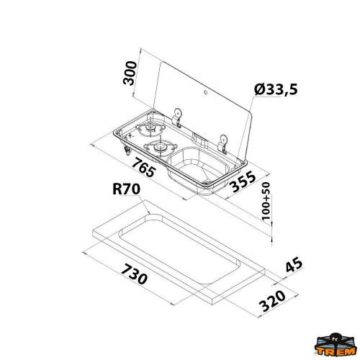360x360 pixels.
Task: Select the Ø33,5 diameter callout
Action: click(277, 89)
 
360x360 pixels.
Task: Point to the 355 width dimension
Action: click(243, 186)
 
